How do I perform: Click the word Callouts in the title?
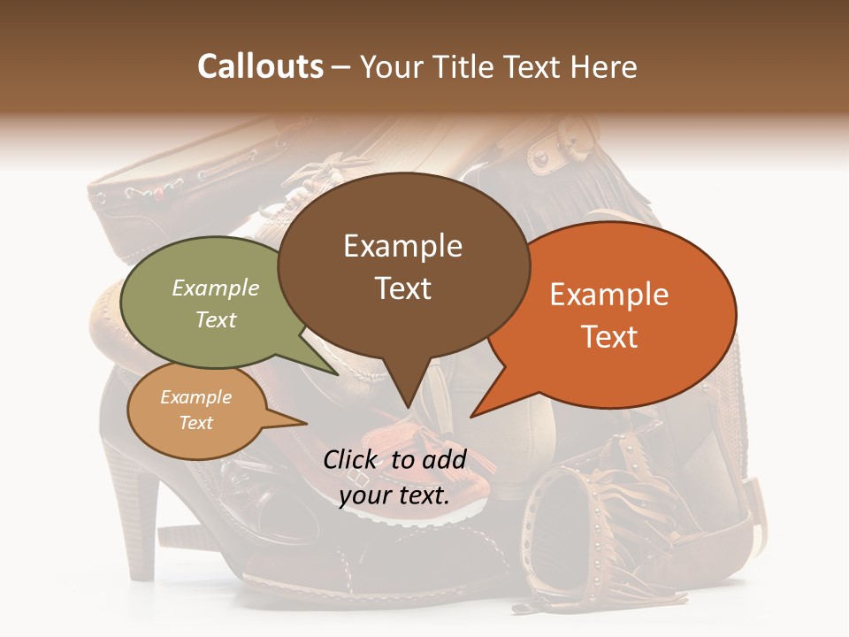coord(260,66)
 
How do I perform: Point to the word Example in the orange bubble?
coord(609,295)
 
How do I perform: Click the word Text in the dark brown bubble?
coord(403,288)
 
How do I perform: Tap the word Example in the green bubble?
coord(216,288)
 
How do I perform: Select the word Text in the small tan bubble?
coord(196,423)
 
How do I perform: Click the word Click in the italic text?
coord(351,459)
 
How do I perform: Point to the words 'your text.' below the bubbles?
coord(394,495)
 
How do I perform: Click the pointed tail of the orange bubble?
coord(482,407)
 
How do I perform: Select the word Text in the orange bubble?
coord(609,337)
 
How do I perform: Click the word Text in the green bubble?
coord(216,320)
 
